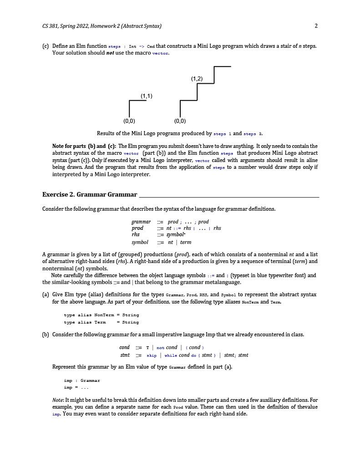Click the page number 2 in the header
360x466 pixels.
click(316, 26)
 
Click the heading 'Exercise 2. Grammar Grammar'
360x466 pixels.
click(90, 194)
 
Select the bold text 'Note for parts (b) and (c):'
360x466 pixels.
click(84, 146)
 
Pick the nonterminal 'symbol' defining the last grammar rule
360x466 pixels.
click(140, 242)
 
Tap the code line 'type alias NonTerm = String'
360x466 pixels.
click(101, 315)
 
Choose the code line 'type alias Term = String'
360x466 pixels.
click(101, 322)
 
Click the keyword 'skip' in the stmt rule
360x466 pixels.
click(151, 355)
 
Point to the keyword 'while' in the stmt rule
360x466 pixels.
click(171, 355)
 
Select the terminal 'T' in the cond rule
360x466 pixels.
click(147, 348)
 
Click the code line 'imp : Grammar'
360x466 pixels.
click(82, 380)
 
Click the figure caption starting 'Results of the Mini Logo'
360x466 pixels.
click(180, 134)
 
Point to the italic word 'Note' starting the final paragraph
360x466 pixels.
click(58, 400)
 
